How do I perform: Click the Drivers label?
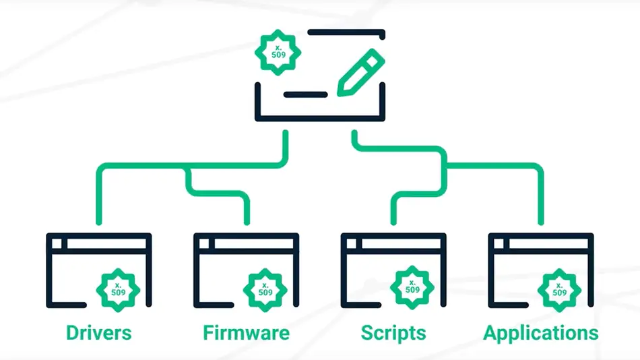(98, 332)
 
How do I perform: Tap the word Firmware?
(246, 332)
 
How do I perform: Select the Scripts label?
(393, 332)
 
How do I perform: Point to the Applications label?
(541, 332)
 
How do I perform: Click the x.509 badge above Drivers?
(119, 289)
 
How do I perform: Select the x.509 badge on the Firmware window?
(266, 289)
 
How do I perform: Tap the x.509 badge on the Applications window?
(560, 289)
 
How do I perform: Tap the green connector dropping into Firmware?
(247, 209)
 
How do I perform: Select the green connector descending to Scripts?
(394, 209)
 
